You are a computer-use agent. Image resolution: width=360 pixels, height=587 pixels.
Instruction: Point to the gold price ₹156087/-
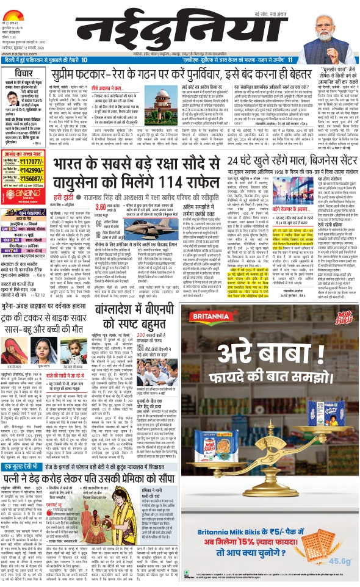(x=37, y=180)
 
